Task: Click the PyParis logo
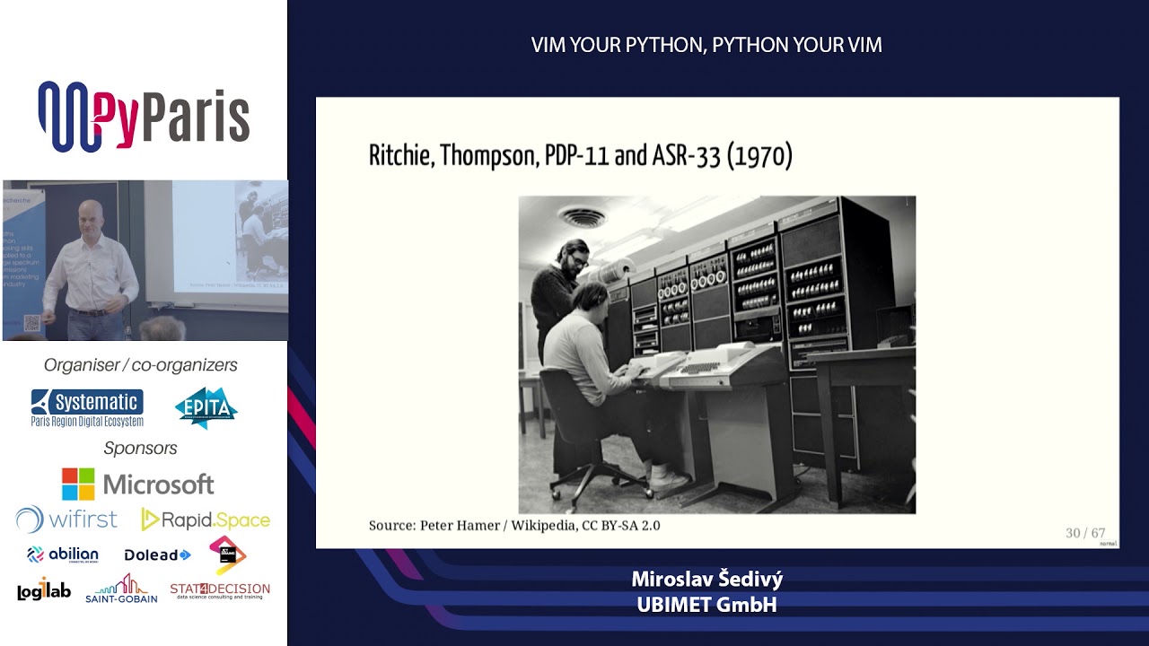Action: (144, 117)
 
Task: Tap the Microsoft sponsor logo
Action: (137, 484)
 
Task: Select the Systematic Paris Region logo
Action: (87, 407)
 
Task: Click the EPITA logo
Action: (206, 407)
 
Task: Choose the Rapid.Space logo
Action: (206, 519)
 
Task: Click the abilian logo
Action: (63, 554)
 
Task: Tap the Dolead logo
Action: (157, 555)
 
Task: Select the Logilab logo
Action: (43, 589)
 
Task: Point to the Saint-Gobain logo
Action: (121, 589)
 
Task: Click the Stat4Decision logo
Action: (220, 590)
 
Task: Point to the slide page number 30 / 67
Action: (1084, 533)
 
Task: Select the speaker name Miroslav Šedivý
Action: (706, 580)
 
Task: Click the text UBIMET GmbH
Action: (706, 605)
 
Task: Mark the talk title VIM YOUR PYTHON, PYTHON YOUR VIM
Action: (706, 46)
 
